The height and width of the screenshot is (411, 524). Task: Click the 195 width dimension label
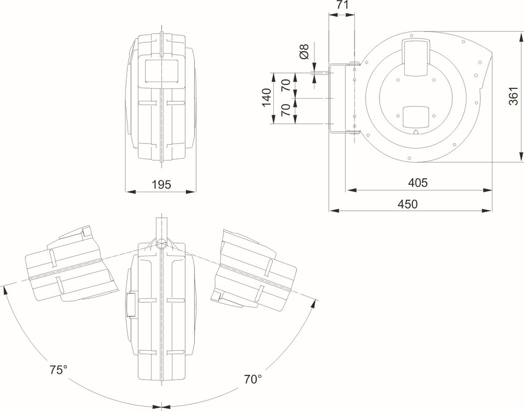[161, 185]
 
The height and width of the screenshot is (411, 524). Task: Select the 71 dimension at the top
[343, 5]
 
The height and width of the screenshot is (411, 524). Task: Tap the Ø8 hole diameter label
[304, 51]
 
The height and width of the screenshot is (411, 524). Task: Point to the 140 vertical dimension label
[267, 98]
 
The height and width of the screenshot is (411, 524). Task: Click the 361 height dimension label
[514, 96]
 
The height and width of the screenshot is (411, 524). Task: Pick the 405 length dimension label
[418, 183]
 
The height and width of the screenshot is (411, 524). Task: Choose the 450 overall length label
[407, 204]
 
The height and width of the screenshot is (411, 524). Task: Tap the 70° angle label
[253, 380]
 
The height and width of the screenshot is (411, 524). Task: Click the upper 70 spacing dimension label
[286, 85]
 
